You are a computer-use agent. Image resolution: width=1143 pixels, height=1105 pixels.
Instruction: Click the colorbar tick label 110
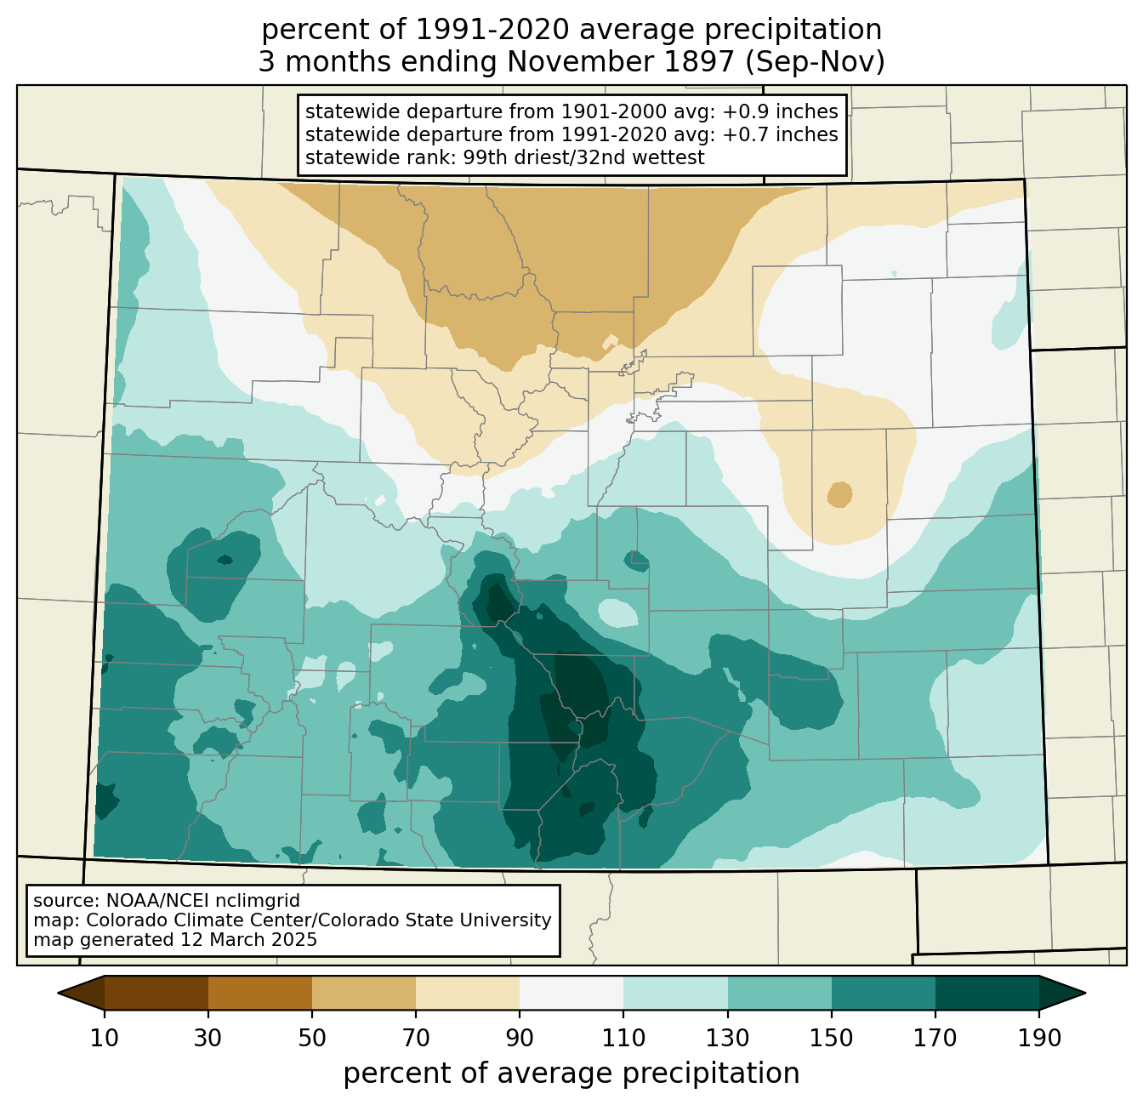pyautogui.click(x=623, y=1038)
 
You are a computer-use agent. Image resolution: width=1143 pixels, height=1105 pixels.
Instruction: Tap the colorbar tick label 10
pyautogui.click(x=105, y=1038)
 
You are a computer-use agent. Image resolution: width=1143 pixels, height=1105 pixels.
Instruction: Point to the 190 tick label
pyautogui.click(x=1038, y=1038)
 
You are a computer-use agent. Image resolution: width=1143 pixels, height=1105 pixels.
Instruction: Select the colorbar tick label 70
pyautogui.click(x=416, y=1038)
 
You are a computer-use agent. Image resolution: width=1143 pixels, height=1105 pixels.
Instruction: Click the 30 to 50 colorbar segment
pyautogui.click(x=260, y=993)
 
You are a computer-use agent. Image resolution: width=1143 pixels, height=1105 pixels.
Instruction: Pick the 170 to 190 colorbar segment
pyautogui.click(x=987, y=993)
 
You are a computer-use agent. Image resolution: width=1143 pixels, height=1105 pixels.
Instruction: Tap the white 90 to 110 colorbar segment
pyautogui.click(x=571, y=993)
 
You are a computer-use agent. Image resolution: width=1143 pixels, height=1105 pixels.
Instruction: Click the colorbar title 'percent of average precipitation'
pyautogui.click(x=571, y=1074)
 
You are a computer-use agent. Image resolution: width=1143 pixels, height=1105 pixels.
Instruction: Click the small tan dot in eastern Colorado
pyautogui.click(x=840, y=494)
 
